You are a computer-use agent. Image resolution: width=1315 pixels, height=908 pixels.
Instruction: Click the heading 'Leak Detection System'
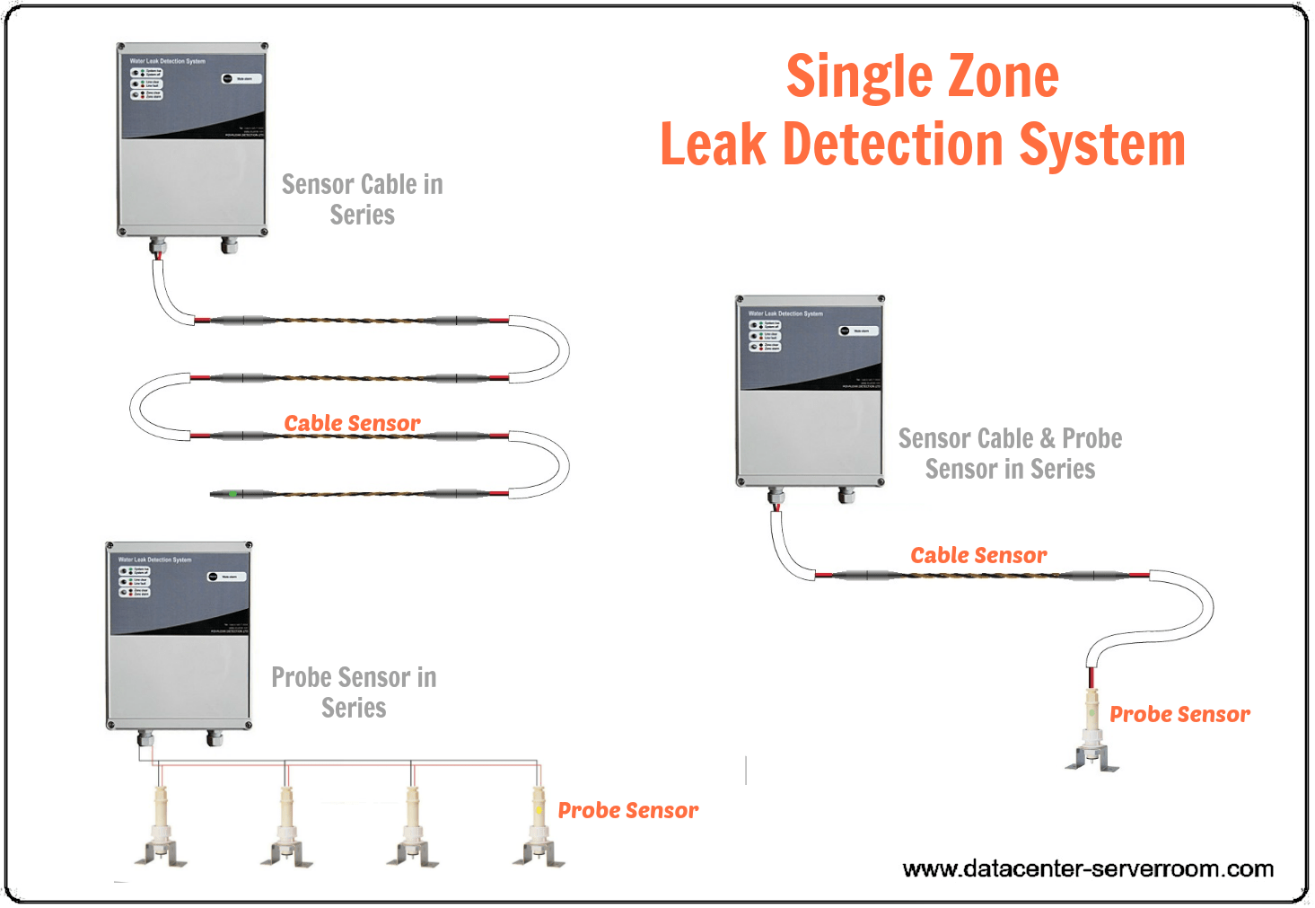[x=922, y=145]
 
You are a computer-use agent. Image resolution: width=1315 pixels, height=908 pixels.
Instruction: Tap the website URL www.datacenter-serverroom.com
[x=1088, y=868]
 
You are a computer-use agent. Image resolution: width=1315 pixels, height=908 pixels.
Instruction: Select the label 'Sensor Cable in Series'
[x=362, y=199]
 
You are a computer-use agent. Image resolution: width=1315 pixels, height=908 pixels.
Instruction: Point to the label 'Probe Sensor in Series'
[x=354, y=692]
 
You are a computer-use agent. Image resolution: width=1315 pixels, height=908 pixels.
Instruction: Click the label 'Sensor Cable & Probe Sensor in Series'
[x=1010, y=454]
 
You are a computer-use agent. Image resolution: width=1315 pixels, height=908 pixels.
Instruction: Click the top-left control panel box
[x=192, y=139]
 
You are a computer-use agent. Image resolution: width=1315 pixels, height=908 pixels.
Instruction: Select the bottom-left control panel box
[x=179, y=636]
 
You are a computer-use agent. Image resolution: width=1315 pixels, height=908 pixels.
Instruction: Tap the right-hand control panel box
[x=810, y=391]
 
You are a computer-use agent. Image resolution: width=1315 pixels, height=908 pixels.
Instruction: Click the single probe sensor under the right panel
[x=1092, y=729]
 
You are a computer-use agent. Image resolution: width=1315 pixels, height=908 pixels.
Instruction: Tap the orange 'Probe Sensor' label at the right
[x=1179, y=714]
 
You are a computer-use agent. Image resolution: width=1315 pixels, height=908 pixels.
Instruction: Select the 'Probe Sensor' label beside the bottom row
[x=627, y=810]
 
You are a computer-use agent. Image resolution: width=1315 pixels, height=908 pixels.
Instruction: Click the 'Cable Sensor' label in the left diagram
[x=352, y=423]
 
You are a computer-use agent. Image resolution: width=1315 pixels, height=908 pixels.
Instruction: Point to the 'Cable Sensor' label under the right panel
[x=978, y=555]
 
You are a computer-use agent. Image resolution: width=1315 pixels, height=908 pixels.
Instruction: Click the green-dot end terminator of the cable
[x=232, y=494]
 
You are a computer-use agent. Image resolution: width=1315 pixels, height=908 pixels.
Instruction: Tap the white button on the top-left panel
[x=242, y=79]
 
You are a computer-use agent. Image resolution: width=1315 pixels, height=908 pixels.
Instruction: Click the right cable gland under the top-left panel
[x=228, y=244]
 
